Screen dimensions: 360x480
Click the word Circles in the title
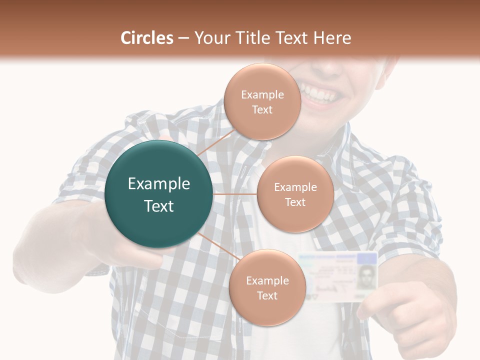[x=147, y=38]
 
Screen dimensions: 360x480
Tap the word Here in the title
[x=332, y=38]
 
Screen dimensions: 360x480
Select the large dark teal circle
[x=159, y=194]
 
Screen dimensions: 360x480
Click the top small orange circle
[x=262, y=101]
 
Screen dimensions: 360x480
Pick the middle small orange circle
[x=295, y=194]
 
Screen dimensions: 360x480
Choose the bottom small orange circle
[x=267, y=288]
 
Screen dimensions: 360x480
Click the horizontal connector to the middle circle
[x=235, y=194]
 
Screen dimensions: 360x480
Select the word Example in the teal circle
[x=159, y=184]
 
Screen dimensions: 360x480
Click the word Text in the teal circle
[x=159, y=206]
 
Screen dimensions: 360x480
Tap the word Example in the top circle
[x=262, y=94]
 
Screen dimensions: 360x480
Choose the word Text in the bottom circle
[x=267, y=295]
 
